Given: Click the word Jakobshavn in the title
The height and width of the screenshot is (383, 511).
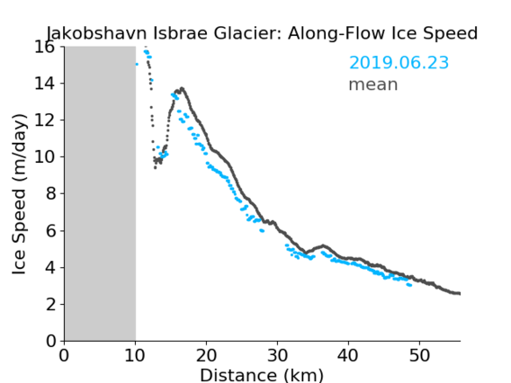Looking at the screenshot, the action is point(97,33).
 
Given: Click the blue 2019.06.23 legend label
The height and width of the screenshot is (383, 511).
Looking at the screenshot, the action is point(399,63).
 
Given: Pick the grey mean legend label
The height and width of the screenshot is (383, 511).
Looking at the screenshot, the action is point(373,85).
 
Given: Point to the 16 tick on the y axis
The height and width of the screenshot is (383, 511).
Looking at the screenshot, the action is point(44,48).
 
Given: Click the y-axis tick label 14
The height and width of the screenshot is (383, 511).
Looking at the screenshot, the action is point(44,84).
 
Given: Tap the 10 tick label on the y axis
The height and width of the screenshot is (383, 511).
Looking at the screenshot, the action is point(44,157).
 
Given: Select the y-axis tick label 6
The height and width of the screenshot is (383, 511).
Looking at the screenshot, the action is point(50,231).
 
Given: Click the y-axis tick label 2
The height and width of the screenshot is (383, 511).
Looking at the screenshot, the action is point(50,305).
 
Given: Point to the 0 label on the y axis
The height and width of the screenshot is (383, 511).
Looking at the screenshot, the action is point(50,342).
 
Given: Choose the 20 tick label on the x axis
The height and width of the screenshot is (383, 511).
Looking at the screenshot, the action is point(206,355).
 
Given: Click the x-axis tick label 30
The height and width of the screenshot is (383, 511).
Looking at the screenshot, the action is point(277,355).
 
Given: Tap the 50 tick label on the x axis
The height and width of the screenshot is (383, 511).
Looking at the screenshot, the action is point(419,355).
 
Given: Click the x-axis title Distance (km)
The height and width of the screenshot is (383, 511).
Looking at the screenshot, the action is point(262,375).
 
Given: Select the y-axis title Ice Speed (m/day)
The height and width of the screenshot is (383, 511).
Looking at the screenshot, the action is point(19,194).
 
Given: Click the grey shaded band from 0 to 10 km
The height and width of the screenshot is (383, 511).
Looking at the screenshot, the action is point(100,193).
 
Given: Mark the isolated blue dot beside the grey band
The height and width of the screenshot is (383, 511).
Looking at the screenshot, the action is point(137,64).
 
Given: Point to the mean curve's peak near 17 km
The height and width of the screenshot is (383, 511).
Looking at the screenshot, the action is point(182,89).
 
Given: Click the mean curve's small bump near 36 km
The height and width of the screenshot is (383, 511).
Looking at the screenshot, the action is point(323,245).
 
